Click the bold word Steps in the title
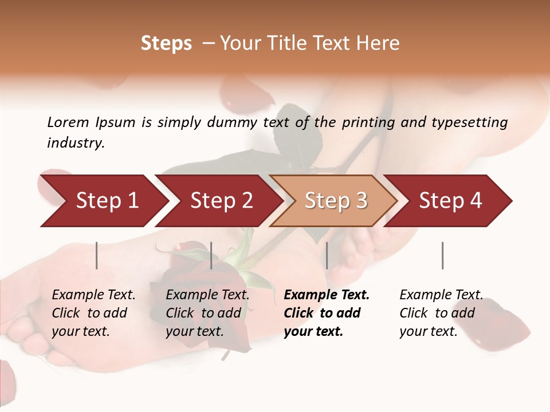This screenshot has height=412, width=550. click(166, 43)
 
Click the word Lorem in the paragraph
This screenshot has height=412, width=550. click(68, 122)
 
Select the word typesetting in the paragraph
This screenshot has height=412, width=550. click(469, 122)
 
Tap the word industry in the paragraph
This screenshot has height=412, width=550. click(75, 143)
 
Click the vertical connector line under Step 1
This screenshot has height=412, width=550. click(97, 255)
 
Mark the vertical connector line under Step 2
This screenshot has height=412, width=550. click(211, 255)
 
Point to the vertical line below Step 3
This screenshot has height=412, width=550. click(327, 255)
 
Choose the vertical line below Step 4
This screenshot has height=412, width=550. click(442, 255)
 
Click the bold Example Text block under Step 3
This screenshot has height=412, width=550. click(327, 313)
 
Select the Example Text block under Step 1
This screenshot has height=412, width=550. click(93, 313)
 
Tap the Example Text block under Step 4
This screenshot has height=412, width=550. click(441, 313)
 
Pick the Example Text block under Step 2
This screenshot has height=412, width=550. click(207, 313)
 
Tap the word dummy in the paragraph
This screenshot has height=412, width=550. click(232, 122)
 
